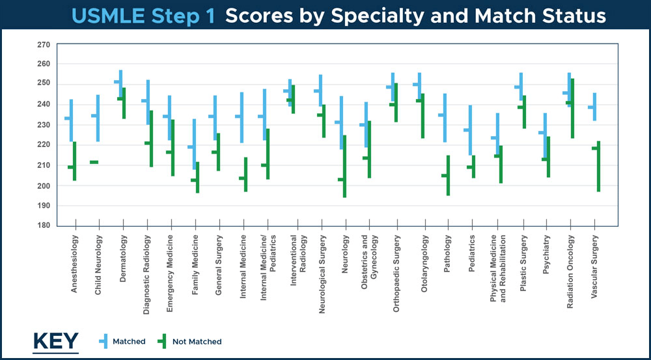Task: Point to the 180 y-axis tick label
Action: [x=44, y=226]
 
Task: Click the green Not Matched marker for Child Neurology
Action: [x=94, y=162]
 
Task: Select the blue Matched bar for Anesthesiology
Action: [x=72, y=120]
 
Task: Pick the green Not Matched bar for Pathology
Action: [x=448, y=175]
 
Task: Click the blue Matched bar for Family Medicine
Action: [x=194, y=144]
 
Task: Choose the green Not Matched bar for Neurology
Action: [x=344, y=167]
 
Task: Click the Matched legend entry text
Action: [x=129, y=341]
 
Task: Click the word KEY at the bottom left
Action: [x=55, y=340]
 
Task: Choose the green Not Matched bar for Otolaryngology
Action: [x=422, y=116]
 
